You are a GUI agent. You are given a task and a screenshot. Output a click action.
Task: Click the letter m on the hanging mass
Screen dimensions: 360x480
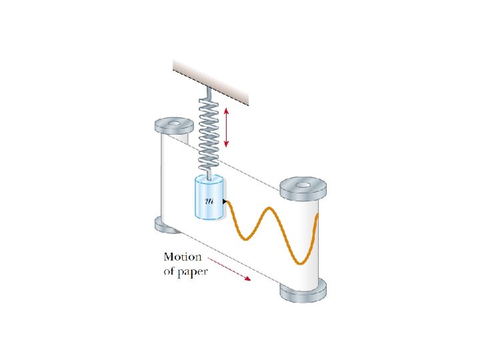click(209, 201)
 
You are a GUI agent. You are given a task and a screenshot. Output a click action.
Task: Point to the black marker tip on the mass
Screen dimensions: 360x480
click(226, 201)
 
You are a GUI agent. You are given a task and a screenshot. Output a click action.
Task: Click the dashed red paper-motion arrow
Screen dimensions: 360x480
click(229, 268)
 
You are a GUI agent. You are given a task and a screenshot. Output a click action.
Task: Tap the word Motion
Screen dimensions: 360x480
click(182, 257)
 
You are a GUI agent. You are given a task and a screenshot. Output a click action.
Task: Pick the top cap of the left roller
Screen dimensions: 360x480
click(173, 125)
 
